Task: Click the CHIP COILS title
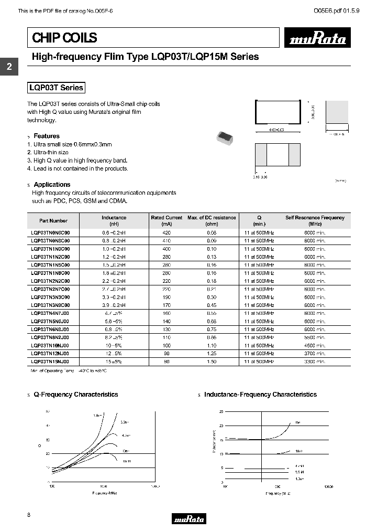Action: [x=65, y=38]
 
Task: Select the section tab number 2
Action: [x=9, y=67]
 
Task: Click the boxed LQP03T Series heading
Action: [x=56, y=88]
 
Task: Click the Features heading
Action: [x=47, y=136]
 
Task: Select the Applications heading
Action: [x=52, y=185]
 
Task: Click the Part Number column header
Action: [x=53, y=221]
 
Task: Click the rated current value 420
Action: [x=167, y=232]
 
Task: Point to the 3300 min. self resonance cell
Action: [x=315, y=362]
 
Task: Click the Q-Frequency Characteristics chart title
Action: [x=76, y=395]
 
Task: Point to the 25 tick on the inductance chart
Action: [x=221, y=412]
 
